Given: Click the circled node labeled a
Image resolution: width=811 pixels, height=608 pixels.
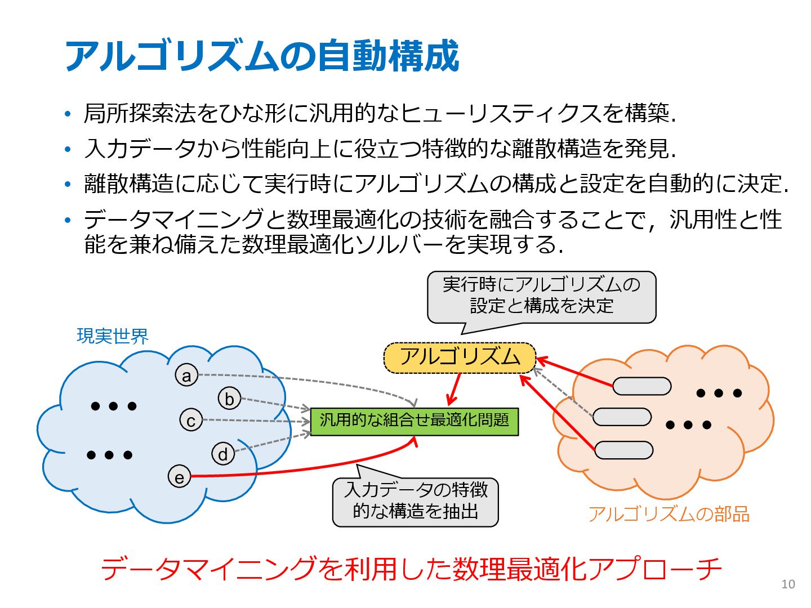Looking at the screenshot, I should coord(186,375).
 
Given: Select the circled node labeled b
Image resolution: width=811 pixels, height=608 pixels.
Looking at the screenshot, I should coord(229,399).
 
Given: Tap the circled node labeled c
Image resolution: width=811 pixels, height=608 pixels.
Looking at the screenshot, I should coord(191,420).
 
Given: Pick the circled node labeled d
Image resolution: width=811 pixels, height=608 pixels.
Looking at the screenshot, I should coord(223,454).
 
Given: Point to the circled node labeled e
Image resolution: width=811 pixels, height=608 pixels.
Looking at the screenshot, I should coord(179,477).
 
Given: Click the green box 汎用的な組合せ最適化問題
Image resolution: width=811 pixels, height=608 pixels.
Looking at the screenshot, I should coord(414,421).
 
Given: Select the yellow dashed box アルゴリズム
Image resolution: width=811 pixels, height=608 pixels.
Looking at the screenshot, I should coord(460,357).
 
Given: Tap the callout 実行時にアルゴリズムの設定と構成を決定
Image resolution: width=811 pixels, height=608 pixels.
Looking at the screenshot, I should coord(541,296).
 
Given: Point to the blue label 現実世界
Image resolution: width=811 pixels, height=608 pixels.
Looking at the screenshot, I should coord(113,336).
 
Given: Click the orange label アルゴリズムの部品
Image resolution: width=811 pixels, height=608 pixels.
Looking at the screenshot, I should coord(669,514).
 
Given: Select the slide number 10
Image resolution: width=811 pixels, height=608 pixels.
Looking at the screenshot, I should coord(788,584).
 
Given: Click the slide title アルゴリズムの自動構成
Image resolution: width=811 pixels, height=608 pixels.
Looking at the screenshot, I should coord(262,56).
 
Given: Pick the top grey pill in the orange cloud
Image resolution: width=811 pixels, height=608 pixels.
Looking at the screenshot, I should coord(641,386).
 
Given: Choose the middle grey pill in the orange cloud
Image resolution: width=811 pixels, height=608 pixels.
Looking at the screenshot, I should coord(622,417).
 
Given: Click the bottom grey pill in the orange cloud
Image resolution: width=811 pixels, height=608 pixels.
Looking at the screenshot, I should coord(623,450).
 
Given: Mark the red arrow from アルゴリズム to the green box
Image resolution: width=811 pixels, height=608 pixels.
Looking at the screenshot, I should coord(454,389).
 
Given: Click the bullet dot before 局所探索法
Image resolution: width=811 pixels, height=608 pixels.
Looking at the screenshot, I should coord(68,114).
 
